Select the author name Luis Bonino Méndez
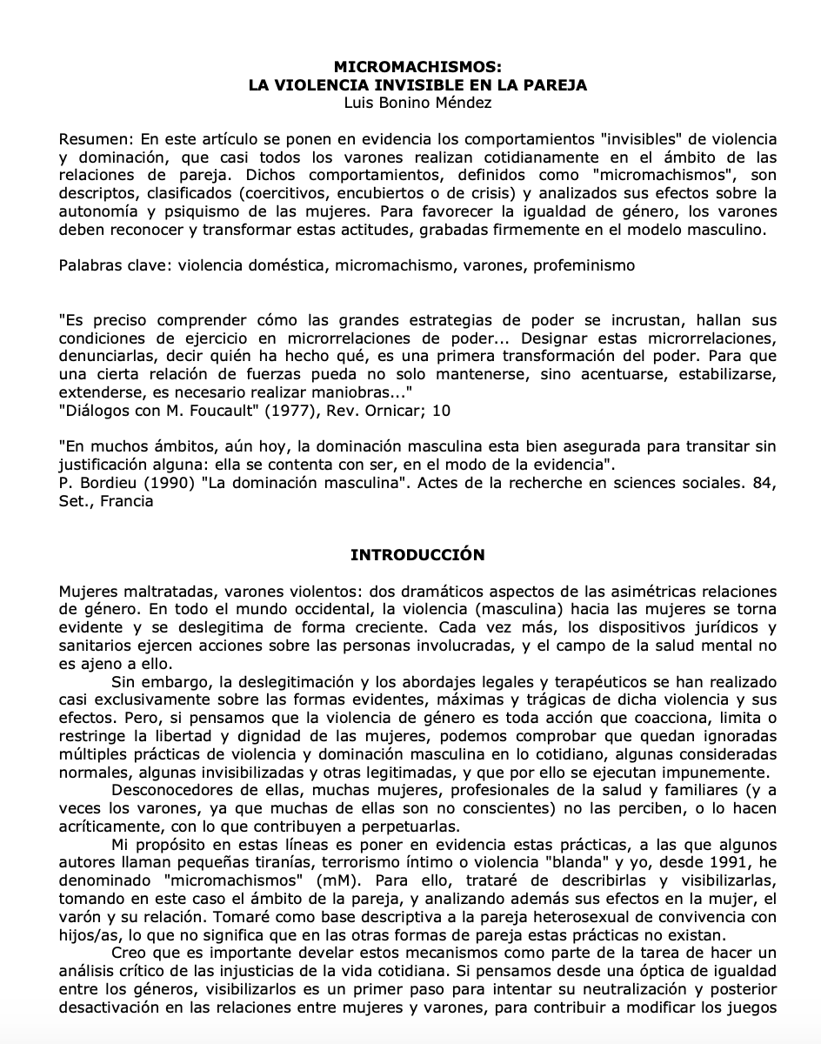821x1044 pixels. click(x=417, y=103)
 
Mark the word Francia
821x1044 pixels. click(x=127, y=501)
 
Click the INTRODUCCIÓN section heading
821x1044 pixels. click(x=417, y=555)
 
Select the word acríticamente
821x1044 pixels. click(x=111, y=826)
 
